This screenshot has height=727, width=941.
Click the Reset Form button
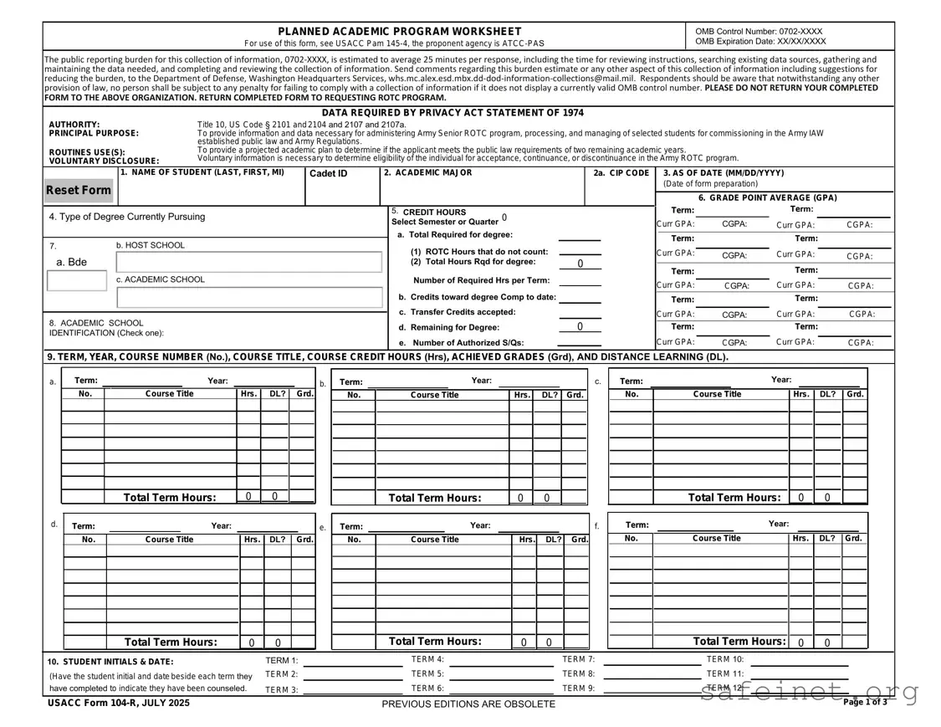[x=78, y=190]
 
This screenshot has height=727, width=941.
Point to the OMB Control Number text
[x=759, y=31]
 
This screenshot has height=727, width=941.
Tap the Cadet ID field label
[x=328, y=173]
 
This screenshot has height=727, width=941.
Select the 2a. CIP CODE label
[x=621, y=173]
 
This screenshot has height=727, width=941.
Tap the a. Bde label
[x=71, y=262]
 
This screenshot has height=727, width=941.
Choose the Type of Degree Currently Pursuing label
[x=126, y=217]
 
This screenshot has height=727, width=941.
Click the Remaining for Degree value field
[x=580, y=326]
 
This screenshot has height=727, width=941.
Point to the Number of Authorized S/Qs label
[x=468, y=343]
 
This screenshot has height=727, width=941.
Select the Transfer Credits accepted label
[x=463, y=312]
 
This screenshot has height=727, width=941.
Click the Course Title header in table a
[x=170, y=393]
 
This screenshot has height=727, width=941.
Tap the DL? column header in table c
[x=826, y=393]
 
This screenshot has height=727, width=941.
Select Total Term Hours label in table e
[x=434, y=642]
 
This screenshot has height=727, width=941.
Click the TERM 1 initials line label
[x=281, y=661]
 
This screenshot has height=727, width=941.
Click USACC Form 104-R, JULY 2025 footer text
[x=119, y=703]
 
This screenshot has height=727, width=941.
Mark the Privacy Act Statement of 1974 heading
[x=453, y=113]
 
